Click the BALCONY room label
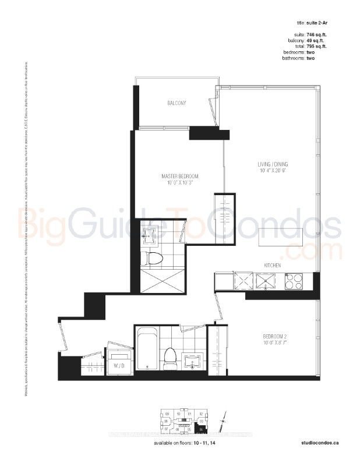tap(177, 103)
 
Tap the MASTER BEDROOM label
tap(180, 176)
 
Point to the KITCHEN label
tap(273, 266)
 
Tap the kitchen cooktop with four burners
tap(294, 281)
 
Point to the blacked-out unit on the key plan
tap(201, 430)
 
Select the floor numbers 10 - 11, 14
tap(196, 443)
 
